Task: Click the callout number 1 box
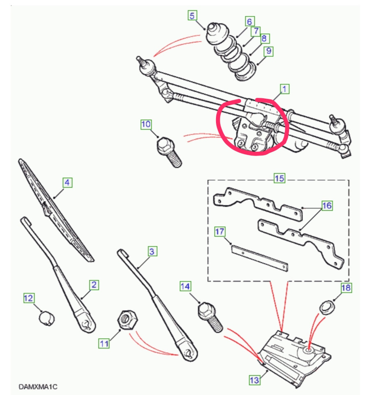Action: point(284,88)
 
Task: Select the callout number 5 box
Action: point(192,16)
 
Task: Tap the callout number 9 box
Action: point(269,51)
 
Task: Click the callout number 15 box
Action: point(279,178)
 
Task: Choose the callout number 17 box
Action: point(220,232)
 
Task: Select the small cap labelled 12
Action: point(47,318)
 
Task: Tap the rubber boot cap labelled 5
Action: point(215,34)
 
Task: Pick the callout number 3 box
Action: point(152,251)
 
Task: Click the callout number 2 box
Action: point(94,284)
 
